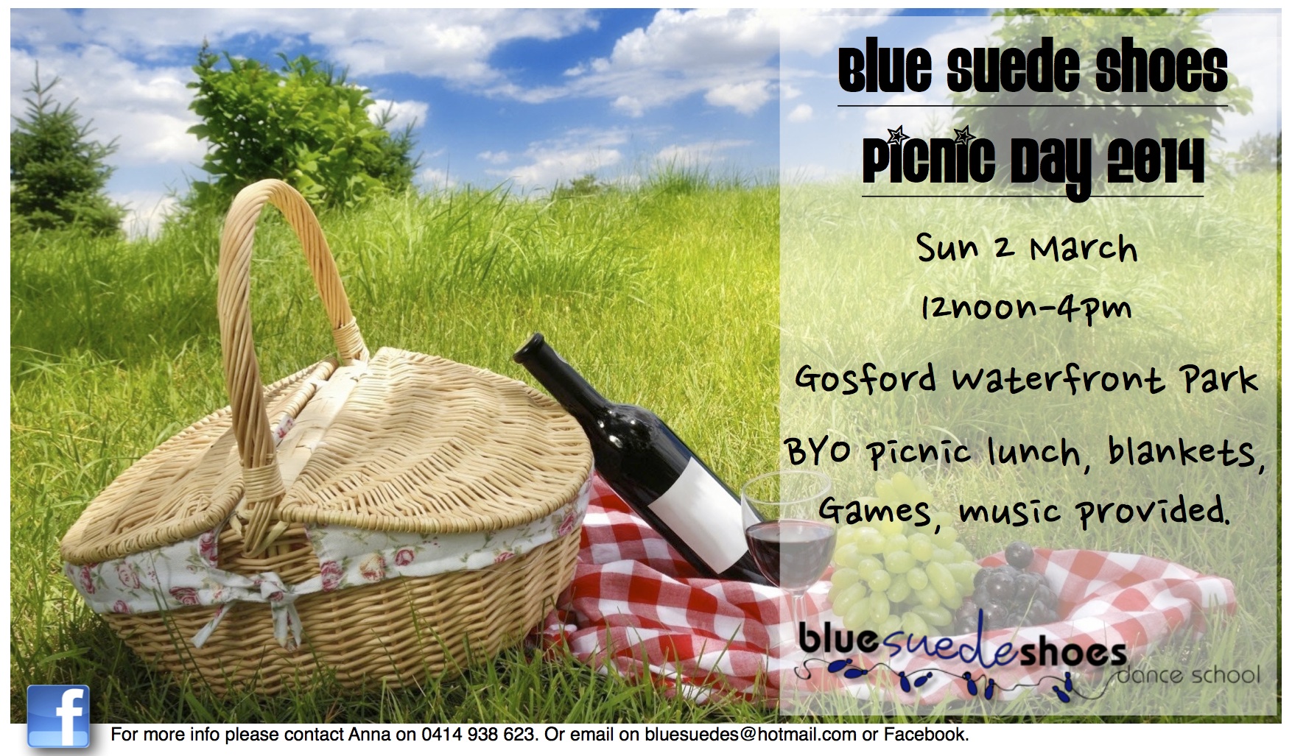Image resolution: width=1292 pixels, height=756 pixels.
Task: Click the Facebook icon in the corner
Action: (58, 716)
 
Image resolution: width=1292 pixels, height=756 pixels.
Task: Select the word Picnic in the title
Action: (928, 158)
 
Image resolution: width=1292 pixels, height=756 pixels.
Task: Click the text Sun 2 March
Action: (1027, 247)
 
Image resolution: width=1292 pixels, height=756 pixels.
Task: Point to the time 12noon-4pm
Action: (1025, 307)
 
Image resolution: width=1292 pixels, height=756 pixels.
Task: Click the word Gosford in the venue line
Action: (866, 378)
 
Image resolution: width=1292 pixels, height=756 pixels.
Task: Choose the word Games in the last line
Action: (875, 510)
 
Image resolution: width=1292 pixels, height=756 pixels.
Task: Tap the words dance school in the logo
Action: (1187, 674)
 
